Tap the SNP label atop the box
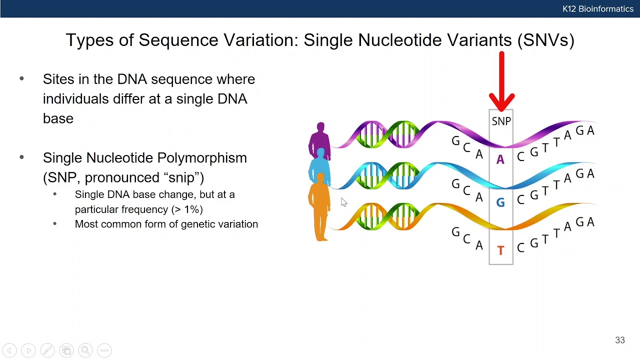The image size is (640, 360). pyautogui.click(x=501, y=121)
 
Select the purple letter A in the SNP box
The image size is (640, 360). pyautogui.click(x=500, y=160)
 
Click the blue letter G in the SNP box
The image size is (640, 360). pyautogui.click(x=500, y=202)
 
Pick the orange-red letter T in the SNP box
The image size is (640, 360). pyautogui.click(x=500, y=250)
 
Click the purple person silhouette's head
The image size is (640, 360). pyautogui.click(x=320, y=127)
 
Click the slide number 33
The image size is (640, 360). pyautogui.click(x=619, y=340)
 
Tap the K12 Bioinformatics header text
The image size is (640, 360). pyautogui.click(x=597, y=9)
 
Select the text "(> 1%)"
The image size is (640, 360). pyautogui.click(x=186, y=209)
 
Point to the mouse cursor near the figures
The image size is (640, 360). pyautogui.click(x=343, y=201)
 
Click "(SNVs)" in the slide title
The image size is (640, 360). pyautogui.click(x=546, y=40)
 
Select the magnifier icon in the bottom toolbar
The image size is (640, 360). pyautogui.click(x=85, y=350)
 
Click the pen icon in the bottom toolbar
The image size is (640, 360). pyautogui.click(x=47, y=350)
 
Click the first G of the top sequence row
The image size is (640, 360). pyautogui.click(x=455, y=141)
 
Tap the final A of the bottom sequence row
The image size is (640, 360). pyautogui.click(x=590, y=222)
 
